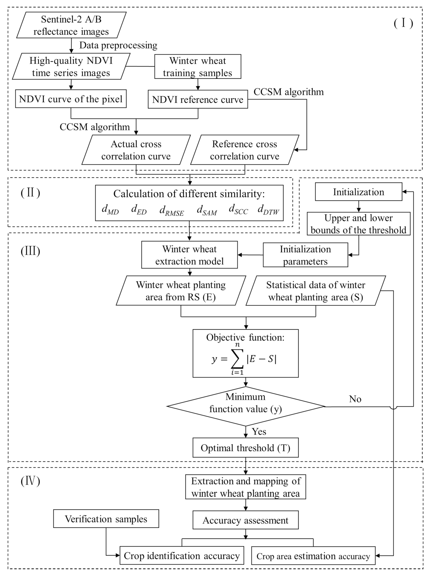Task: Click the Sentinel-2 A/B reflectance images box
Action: [71, 25]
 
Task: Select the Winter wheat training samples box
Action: [198, 67]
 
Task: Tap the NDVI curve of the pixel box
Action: [71, 99]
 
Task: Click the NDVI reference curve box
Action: [198, 99]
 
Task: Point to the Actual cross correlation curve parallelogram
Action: [136, 150]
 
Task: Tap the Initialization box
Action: [358, 192]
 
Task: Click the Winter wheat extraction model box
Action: [189, 255]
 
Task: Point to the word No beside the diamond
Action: [355, 399]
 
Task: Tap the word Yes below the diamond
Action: [259, 431]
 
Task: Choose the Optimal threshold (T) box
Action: [245, 448]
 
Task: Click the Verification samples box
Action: [106, 519]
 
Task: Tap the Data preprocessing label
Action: [118, 45]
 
